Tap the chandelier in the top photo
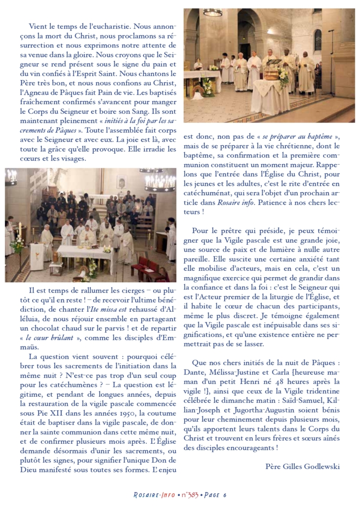[213, 12]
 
